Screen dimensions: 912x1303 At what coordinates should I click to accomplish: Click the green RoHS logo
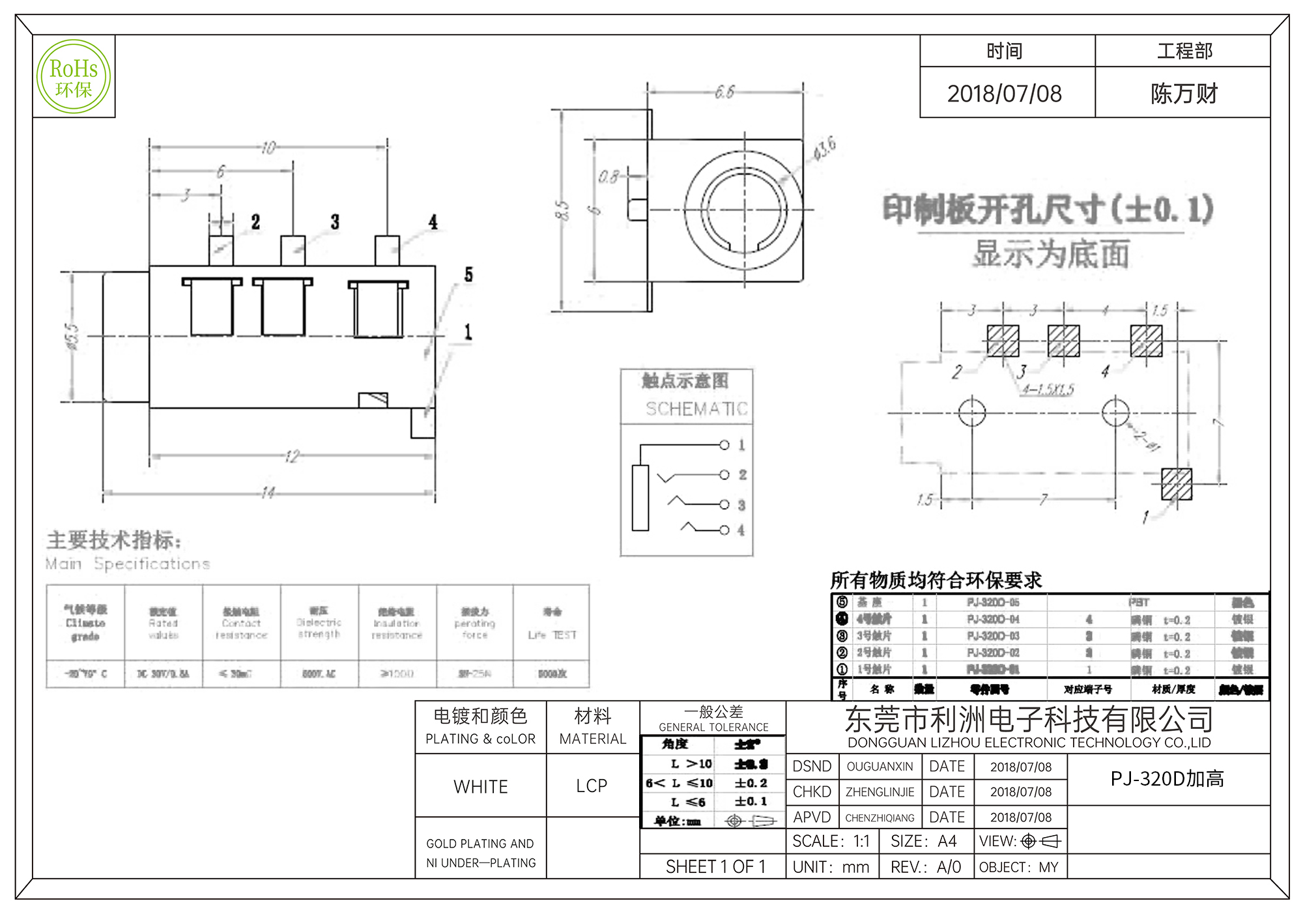[x=74, y=77]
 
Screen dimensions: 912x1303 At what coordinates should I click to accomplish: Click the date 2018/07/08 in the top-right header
[x=1004, y=94]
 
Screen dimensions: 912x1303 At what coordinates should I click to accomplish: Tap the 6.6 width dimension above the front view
[x=724, y=92]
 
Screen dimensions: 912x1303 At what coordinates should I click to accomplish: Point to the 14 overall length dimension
[x=268, y=492]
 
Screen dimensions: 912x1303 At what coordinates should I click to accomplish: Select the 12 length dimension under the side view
[x=292, y=456]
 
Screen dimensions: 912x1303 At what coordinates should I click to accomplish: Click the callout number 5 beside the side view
[x=468, y=275]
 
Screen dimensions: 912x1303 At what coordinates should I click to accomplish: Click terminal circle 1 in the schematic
[x=724, y=445]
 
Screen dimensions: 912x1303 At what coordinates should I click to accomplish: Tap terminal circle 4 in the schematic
[x=724, y=530]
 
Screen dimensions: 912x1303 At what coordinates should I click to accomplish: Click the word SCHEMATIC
[x=696, y=409]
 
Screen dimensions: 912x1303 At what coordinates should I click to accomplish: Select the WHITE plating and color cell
[x=481, y=787]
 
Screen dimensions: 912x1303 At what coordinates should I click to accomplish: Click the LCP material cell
[x=592, y=786]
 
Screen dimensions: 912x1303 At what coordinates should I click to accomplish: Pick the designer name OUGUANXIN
[x=880, y=767]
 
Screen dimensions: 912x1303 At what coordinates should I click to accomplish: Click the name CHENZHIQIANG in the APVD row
[x=880, y=818]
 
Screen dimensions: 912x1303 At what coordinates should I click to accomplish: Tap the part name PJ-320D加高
[x=1167, y=779]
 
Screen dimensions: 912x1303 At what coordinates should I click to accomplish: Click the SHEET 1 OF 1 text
[x=715, y=867]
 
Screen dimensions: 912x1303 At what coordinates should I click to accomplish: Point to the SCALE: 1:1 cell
[x=831, y=842]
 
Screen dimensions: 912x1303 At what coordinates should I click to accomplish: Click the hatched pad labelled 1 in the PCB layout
[x=1177, y=484]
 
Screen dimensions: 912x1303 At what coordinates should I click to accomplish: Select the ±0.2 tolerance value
[x=751, y=783]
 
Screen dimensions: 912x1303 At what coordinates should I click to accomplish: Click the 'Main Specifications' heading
[x=128, y=563]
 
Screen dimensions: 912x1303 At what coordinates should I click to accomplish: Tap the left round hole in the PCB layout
[x=971, y=412]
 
